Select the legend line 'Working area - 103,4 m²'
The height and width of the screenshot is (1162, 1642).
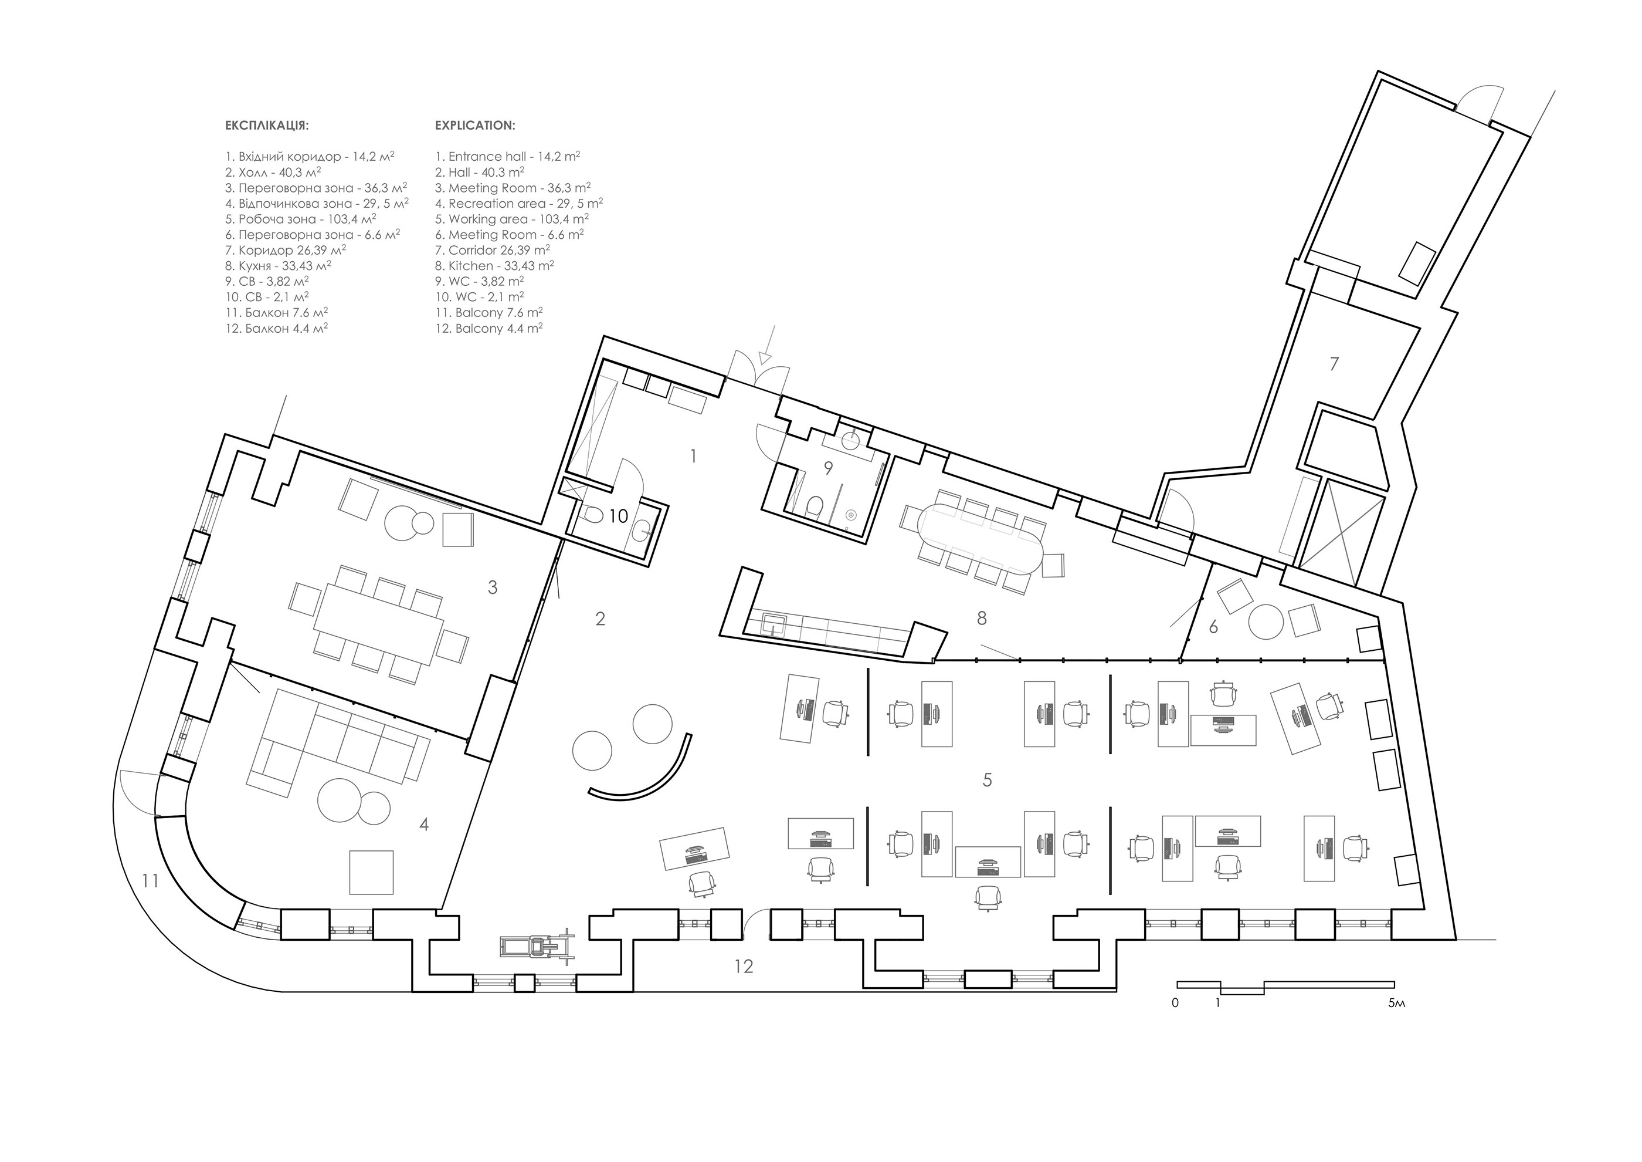tap(512, 219)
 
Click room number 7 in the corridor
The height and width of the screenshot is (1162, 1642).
tap(1334, 364)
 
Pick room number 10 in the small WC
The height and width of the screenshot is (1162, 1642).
tap(619, 516)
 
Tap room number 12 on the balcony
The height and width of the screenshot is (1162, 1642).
tap(744, 967)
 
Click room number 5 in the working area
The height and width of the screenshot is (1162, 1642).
tap(988, 780)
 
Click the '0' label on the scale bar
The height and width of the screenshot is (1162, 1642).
tap(1175, 1003)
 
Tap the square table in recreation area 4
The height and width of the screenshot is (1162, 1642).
tap(371, 872)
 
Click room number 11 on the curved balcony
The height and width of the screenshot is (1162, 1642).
tap(150, 881)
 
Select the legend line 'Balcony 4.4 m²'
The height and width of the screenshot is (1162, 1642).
tap(489, 329)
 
